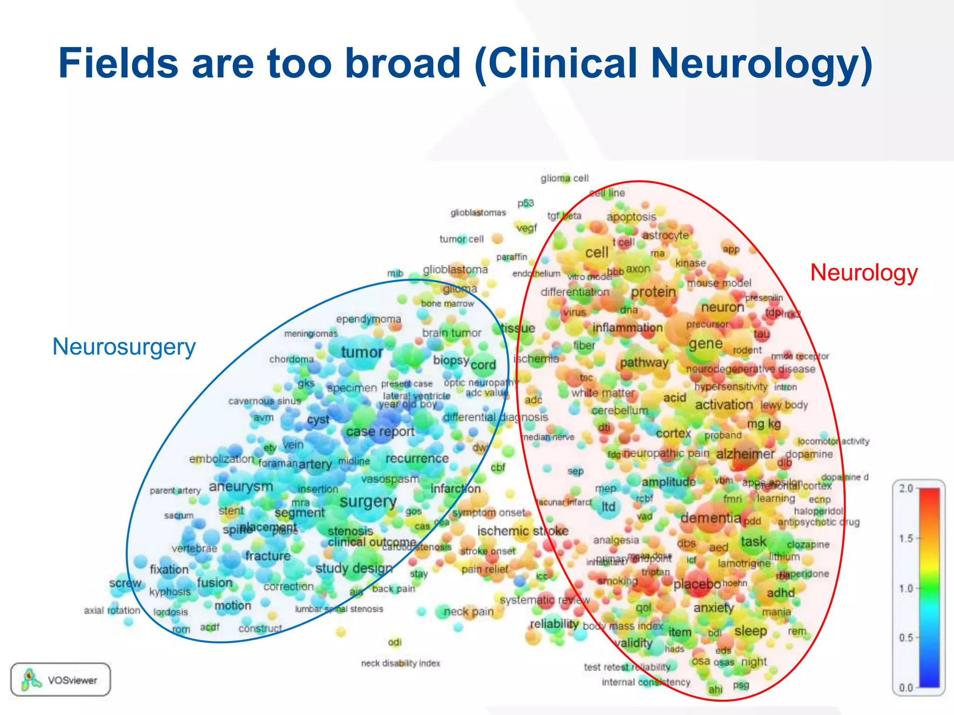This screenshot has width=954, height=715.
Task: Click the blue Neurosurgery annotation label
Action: (124, 347)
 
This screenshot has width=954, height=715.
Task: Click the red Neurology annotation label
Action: (864, 272)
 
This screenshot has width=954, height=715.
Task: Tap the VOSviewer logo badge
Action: (61, 680)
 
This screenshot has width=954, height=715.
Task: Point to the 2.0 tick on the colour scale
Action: (906, 488)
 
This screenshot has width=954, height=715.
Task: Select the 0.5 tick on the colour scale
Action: (906, 637)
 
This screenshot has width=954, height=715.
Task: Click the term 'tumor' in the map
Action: (362, 352)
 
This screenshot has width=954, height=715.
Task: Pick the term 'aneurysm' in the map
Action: (241, 486)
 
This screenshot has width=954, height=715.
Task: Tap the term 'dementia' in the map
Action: (711, 518)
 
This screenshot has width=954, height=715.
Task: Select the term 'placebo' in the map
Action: (697, 584)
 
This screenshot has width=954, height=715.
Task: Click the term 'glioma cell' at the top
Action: (565, 178)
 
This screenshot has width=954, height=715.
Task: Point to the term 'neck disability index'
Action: (401, 663)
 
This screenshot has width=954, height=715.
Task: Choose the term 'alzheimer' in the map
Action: (745, 454)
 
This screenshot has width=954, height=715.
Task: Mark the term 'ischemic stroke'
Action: (523, 531)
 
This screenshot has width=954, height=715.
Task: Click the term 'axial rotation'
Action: (112, 610)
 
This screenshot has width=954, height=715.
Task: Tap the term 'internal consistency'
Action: (646, 682)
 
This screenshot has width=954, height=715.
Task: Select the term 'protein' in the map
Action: (653, 292)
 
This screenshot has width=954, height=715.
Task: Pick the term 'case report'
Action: (380, 432)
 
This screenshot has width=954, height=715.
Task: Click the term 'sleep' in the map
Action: (750, 631)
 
